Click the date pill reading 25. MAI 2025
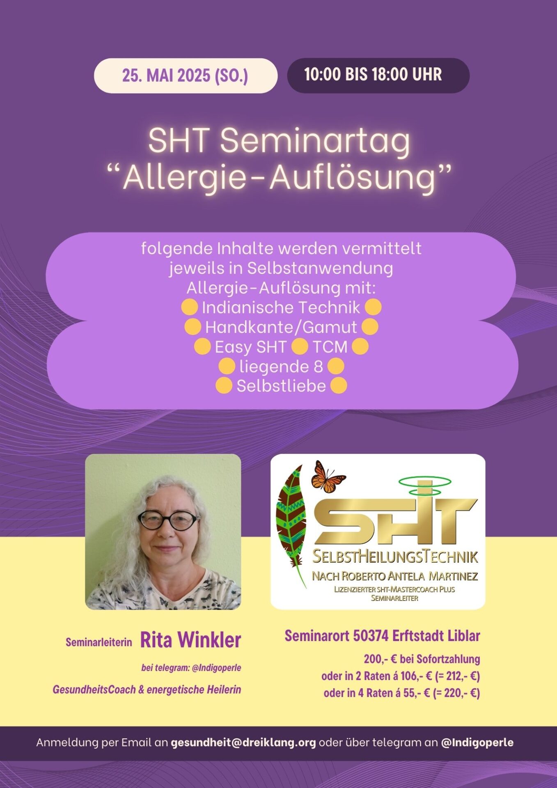(x=186, y=76)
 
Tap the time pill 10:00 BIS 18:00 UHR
(x=378, y=75)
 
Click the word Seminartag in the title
(x=315, y=141)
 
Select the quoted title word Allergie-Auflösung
(x=279, y=178)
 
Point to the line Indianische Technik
(x=281, y=307)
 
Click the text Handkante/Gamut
(x=281, y=327)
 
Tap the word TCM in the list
(x=330, y=347)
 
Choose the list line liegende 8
(x=281, y=366)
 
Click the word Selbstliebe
(x=281, y=386)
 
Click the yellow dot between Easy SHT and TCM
(x=300, y=346)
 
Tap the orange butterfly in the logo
(x=328, y=477)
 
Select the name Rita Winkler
(x=190, y=640)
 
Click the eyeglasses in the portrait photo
(x=168, y=520)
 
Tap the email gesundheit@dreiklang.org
(x=243, y=742)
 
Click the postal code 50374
(x=371, y=636)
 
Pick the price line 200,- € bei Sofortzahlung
(x=422, y=659)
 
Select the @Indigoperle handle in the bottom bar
(x=477, y=742)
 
